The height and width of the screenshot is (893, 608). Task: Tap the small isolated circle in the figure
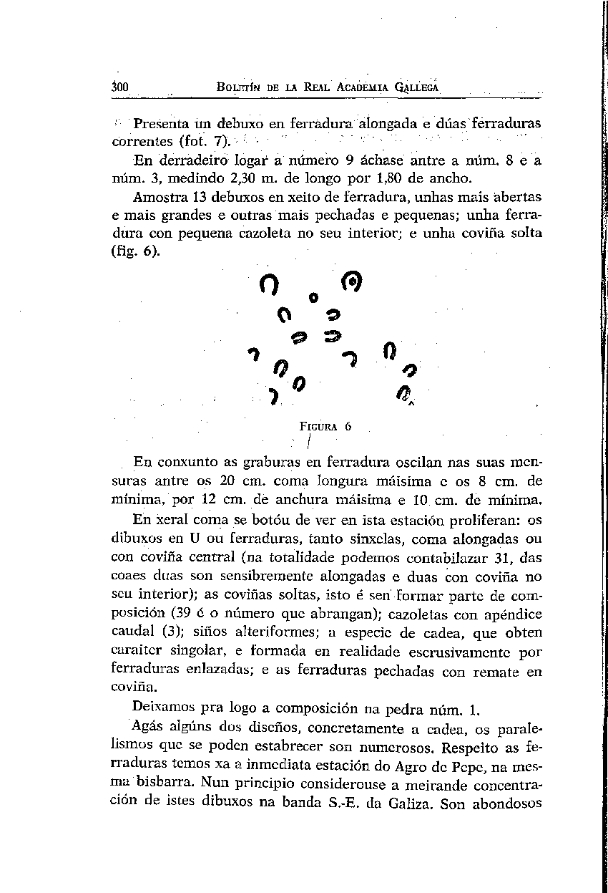[313, 296]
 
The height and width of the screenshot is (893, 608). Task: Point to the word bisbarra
[172, 786]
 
